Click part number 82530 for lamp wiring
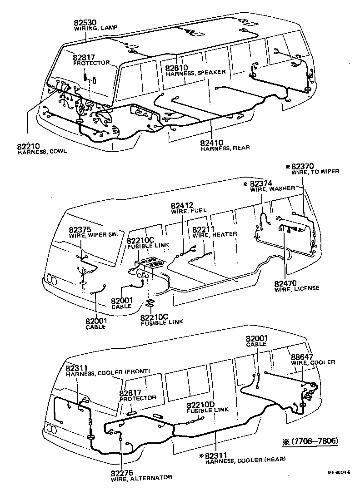click(x=86, y=22)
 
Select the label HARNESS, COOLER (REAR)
click(x=245, y=460)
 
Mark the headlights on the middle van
click(x=51, y=280)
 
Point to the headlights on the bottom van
click(x=53, y=428)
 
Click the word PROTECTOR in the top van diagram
click(x=91, y=63)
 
